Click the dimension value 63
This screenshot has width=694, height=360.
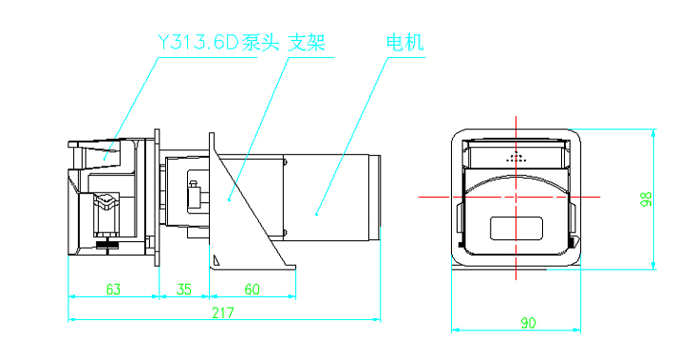[113, 289]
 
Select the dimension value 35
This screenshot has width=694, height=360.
[183, 289]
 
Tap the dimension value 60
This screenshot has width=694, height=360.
[252, 289]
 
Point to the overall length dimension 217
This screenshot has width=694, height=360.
[222, 313]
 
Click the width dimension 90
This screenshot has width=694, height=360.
[528, 323]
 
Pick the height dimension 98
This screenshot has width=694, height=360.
[647, 199]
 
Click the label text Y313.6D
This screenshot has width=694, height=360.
[198, 43]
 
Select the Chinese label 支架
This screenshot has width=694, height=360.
[307, 43]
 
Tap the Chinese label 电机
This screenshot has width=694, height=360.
[405, 43]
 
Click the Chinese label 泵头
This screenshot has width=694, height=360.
[261, 43]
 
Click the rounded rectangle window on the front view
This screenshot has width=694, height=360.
[516, 229]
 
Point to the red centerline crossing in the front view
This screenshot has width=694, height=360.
[516, 197]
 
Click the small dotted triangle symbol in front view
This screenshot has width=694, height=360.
[516, 157]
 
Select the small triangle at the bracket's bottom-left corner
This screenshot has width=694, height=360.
[216, 260]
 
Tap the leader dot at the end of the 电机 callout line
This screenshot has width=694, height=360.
[316, 215]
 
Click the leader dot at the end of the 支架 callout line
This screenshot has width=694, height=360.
[229, 200]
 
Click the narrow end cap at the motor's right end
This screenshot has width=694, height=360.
[375, 198]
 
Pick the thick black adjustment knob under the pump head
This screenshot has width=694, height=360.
[107, 245]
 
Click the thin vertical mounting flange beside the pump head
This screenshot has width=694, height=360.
[157, 198]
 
